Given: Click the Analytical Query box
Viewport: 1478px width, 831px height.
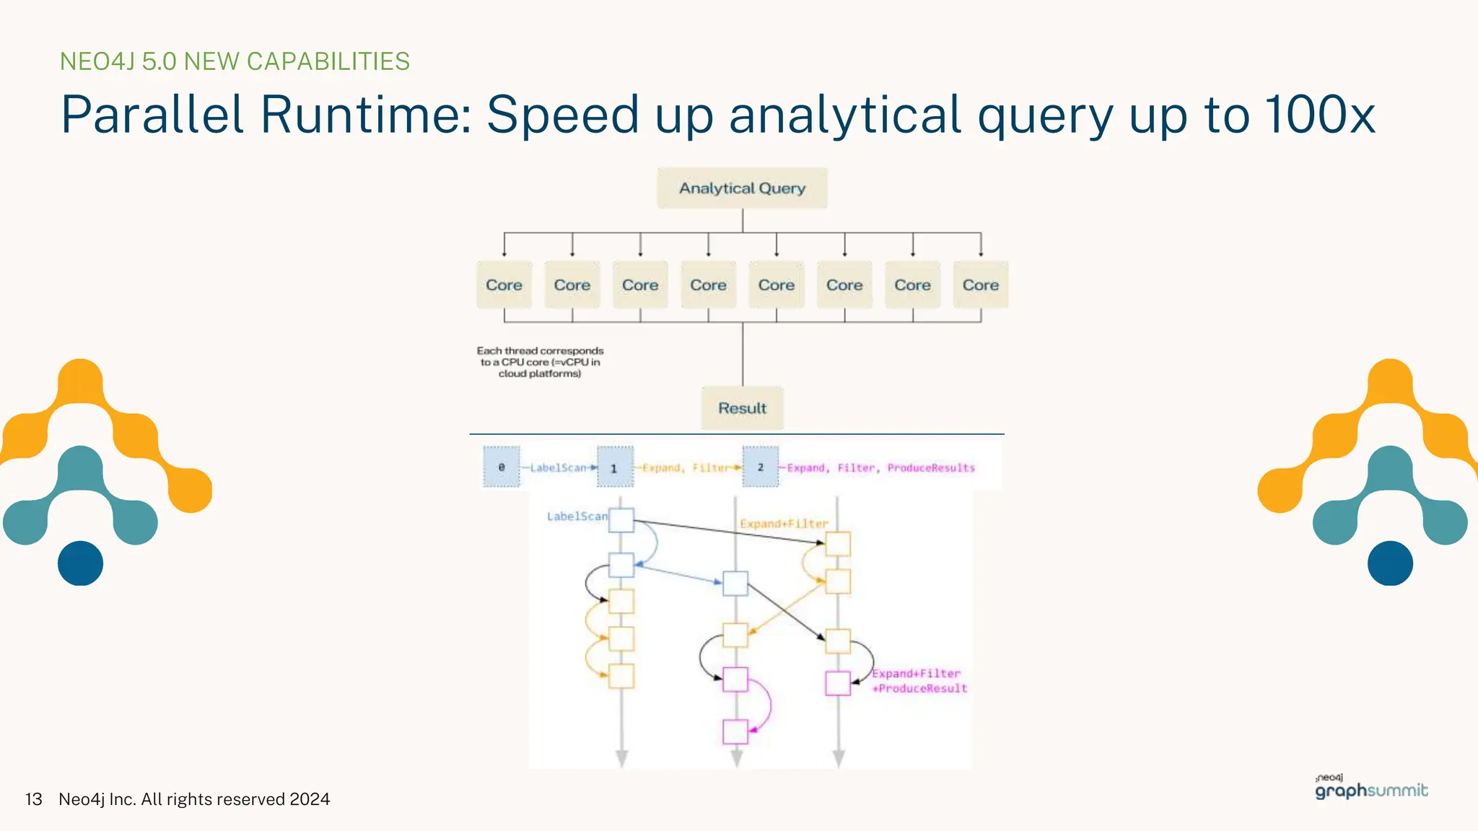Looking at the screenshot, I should (742, 188).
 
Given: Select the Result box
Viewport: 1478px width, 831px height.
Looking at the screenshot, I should (742, 408).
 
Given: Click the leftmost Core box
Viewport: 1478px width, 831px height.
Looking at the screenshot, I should (504, 285).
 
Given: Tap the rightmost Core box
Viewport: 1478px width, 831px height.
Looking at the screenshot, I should (980, 285).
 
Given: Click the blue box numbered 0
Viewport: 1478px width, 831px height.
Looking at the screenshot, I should (502, 467).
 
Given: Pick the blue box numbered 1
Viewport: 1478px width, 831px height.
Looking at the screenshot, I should (615, 467).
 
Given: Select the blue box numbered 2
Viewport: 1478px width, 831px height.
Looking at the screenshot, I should (761, 467).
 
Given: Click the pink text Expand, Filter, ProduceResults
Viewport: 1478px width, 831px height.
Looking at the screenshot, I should (880, 468).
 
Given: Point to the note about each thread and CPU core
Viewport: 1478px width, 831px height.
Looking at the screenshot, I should (540, 362).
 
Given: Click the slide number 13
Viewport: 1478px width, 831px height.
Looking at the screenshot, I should (34, 799).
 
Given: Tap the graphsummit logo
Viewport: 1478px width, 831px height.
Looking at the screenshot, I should (1371, 788).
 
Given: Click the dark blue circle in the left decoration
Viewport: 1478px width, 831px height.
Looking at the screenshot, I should (80, 563).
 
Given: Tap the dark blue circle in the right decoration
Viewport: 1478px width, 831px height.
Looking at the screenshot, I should (1390, 563).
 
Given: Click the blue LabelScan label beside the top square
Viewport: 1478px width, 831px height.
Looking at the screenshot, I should (577, 516).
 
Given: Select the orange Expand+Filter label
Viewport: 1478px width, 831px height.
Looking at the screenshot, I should (784, 524).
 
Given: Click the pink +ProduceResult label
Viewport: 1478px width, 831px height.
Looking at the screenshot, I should (919, 689).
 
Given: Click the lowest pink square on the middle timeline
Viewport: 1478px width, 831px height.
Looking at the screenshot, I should (735, 731).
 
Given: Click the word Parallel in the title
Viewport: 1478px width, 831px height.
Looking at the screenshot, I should (152, 115).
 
